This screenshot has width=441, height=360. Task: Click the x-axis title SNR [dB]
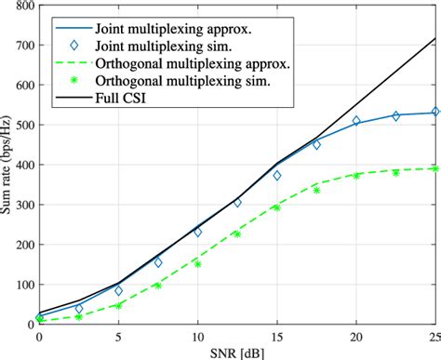[x=237, y=352]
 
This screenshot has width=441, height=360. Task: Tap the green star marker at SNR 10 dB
[x=197, y=262]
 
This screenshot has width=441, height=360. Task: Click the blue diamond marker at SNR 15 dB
[x=276, y=175]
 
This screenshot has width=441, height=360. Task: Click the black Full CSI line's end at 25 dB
[x=435, y=39]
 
